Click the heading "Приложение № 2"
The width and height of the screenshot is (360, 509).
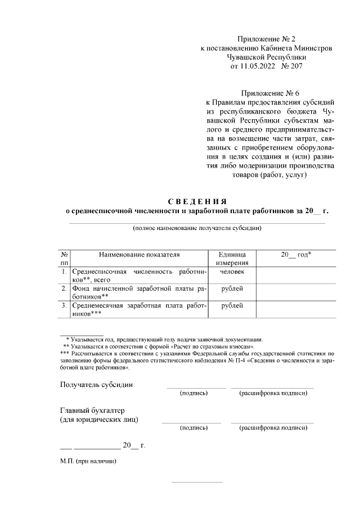(267, 39)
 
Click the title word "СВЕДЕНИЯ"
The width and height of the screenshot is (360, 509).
(197, 201)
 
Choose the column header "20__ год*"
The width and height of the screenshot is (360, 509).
(296, 254)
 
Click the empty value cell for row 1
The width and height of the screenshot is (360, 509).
(296, 275)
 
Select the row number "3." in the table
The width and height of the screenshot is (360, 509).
(64, 305)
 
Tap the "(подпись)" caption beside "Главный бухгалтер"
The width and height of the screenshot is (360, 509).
(193, 428)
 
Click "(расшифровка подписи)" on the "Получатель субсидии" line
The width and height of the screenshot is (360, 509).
(273, 393)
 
